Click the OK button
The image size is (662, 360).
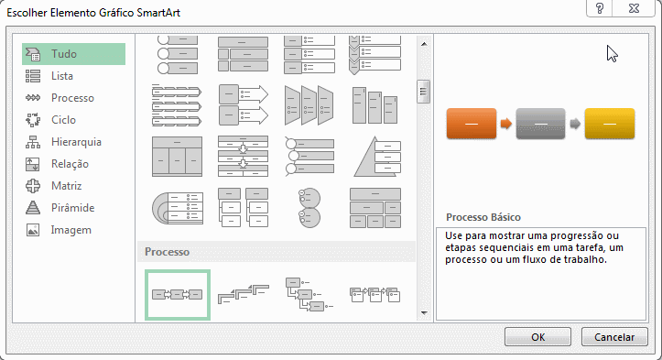(x=537, y=337)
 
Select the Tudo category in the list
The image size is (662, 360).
(x=73, y=54)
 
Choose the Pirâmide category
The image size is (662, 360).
(x=73, y=208)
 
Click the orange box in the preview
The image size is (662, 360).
(x=472, y=124)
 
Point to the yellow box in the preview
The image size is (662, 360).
(x=610, y=124)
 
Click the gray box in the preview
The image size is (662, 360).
(x=540, y=124)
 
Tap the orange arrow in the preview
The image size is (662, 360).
(x=506, y=124)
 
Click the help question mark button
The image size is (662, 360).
(x=599, y=8)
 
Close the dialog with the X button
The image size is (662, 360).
(x=634, y=8)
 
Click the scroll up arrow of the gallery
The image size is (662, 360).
(x=424, y=44)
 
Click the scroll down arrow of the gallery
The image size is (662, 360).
(x=424, y=313)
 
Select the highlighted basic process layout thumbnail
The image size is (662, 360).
(x=178, y=295)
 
